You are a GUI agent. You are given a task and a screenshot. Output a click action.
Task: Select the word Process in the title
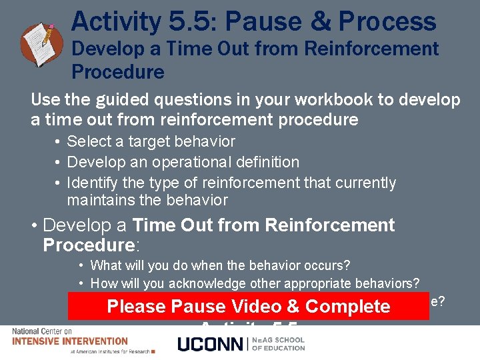point(387,21)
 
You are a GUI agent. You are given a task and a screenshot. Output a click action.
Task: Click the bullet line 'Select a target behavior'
point(151,141)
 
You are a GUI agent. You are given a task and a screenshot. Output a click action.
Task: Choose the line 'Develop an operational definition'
point(183,162)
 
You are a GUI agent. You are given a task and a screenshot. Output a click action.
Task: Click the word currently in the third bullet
point(365,183)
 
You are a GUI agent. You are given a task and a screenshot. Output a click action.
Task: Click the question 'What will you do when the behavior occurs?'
point(220,266)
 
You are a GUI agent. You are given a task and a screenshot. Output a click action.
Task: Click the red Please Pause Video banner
point(248,307)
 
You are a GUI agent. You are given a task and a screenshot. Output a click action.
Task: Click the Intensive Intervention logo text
point(70,341)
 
